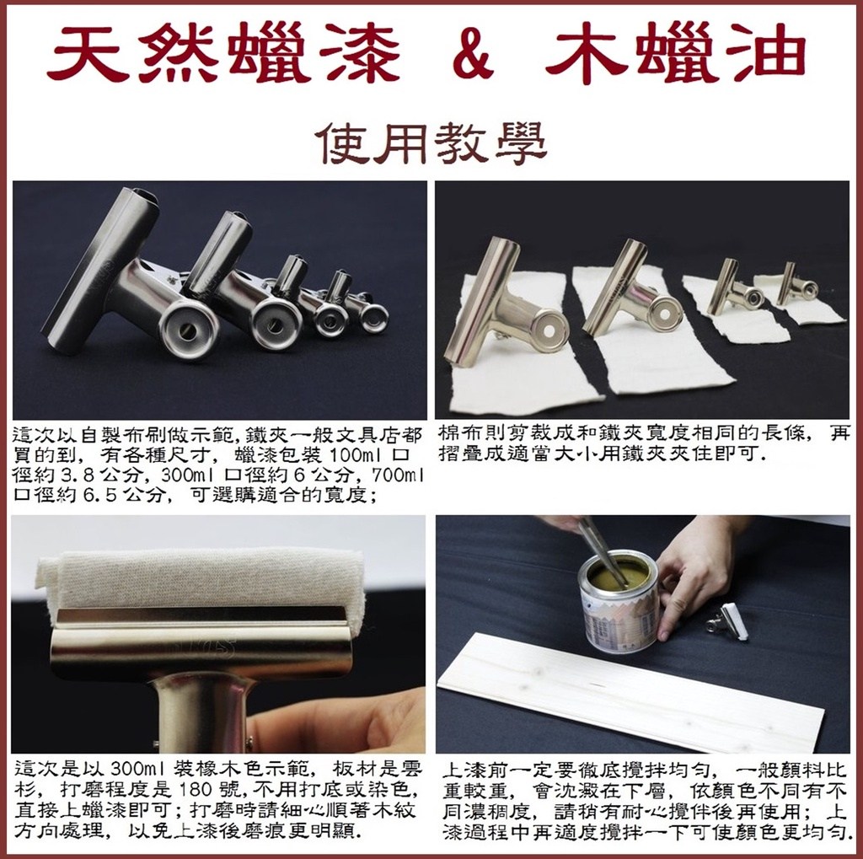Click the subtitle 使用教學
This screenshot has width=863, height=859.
click(x=432, y=143)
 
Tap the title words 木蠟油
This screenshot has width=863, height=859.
click(x=675, y=53)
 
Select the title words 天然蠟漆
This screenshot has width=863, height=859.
click(x=222, y=53)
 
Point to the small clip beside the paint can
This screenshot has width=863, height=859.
click(x=728, y=621)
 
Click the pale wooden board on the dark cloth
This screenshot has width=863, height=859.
click(x=630, y=691)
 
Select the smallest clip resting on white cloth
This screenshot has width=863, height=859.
click(x=796, y=285)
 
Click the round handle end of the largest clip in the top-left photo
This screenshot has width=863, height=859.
click(x=188, y=330)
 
